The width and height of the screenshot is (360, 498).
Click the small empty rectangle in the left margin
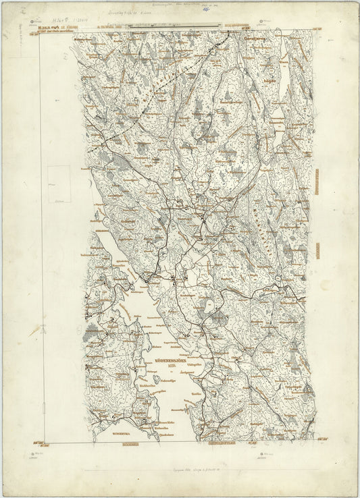pos(59,184)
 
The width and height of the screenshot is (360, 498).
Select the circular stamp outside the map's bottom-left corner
pos(32,453)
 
